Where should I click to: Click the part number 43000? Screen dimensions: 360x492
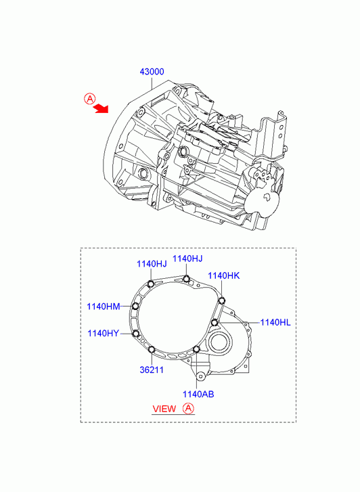click(x=152, y=72)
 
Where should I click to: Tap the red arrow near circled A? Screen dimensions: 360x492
click(x=101, y=108)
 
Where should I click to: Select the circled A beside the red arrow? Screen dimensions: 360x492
click(x=90, y=99)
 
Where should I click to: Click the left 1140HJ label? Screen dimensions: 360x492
click(x=152, y=264)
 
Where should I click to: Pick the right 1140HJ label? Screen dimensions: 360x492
click(x=187, y=259)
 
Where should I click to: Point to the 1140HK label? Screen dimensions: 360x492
click(x=224, y=276)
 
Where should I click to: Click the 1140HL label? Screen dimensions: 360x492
click(x=275, y=322)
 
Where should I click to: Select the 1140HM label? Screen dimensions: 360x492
click(x=104, y=307)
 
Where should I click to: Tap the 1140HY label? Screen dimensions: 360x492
click(x=104, y=333)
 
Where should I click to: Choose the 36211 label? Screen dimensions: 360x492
click(x=152, y=370)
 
